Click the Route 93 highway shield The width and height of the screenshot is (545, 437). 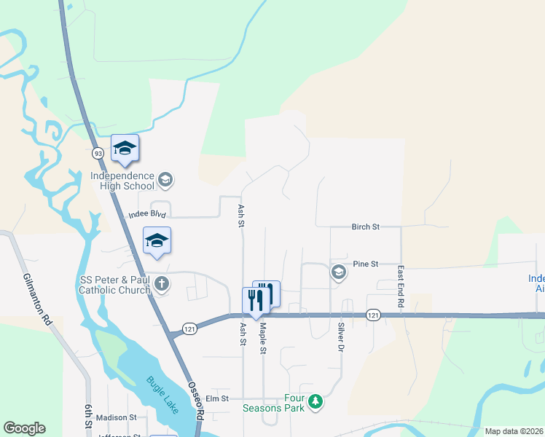click(98, 154)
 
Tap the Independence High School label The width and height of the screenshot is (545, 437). click(122, 181)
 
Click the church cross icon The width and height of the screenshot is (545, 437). click(162, 284)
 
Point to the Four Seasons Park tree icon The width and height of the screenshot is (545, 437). click(315, 401)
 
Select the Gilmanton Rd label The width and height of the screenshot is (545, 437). click(37, 299)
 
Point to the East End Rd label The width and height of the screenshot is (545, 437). click(401, 285)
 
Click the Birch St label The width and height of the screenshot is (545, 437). click(366, 227)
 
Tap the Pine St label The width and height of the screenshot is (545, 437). click(366, 264)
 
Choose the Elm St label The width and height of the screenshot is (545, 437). click(217, 398)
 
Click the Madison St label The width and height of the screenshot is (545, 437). click(117, 417)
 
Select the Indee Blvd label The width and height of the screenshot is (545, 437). click(147, 215)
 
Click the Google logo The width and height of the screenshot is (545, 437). click(25, 428)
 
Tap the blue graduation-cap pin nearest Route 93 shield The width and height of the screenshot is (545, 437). click(125, 149)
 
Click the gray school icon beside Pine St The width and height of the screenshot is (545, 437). click(338, 272)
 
